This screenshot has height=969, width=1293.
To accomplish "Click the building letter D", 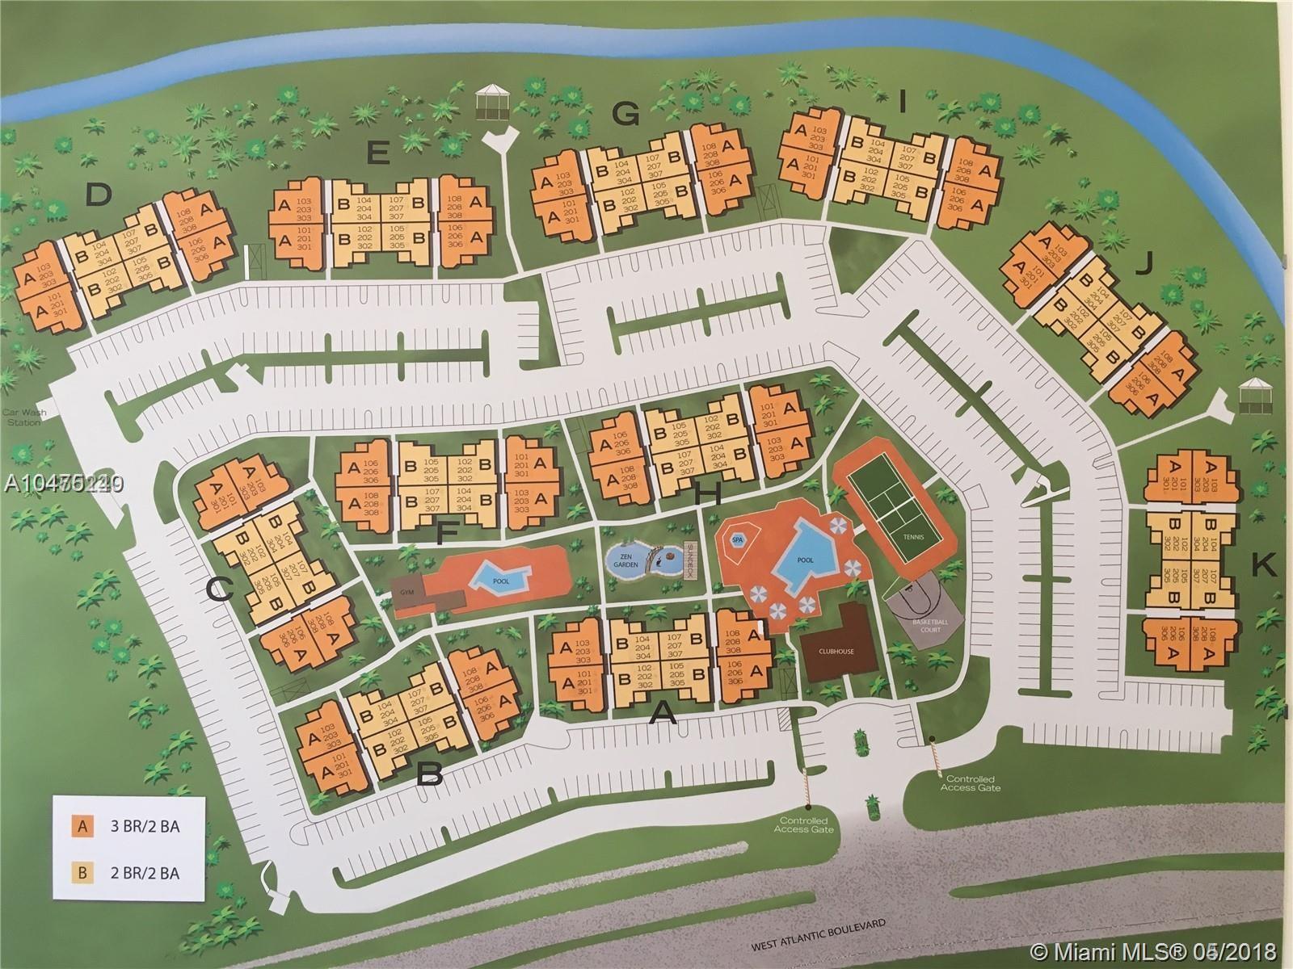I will tap(98, 195).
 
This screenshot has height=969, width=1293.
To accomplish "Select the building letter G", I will tap(625, 115).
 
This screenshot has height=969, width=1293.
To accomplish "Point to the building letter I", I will tap(903, 102).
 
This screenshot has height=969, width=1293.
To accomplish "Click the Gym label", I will tap(406, 592).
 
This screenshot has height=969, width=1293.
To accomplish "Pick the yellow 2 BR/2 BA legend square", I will tap(82, 871).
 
